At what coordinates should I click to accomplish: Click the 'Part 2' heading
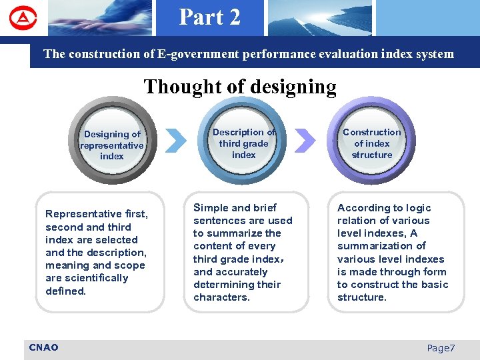[209, 17]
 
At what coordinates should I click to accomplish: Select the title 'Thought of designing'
[240, 87]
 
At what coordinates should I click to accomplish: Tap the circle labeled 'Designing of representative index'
[111, 145]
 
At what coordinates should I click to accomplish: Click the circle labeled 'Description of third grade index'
[243, 143]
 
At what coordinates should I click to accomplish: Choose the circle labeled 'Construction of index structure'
[372, 143]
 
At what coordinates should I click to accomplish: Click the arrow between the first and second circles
[175, 140]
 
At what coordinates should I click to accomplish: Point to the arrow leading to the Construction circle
[305, 140]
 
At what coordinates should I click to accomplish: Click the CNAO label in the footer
[44, 347]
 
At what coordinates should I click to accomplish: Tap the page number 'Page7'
[441, 348]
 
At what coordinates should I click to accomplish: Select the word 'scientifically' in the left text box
[95, 278]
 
